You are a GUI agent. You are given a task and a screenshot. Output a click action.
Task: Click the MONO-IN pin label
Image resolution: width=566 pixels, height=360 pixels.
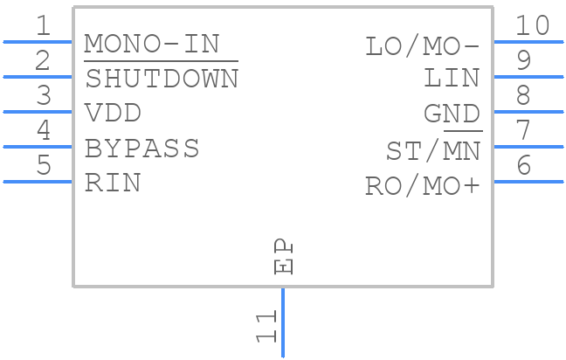[152, 44]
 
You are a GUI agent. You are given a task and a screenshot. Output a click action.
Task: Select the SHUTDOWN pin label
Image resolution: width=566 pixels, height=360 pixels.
[162, 79]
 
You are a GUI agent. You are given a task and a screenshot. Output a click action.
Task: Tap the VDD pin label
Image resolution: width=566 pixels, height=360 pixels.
[113, 113]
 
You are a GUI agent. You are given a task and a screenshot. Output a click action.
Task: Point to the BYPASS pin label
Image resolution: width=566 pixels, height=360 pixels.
[141, 148]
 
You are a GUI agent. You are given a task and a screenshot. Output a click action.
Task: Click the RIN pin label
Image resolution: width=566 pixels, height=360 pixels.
[113, 183]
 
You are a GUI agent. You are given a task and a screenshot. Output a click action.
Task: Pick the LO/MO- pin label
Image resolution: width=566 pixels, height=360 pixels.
[423, 47]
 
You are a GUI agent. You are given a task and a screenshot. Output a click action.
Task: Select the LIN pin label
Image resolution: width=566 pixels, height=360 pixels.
[452, 79]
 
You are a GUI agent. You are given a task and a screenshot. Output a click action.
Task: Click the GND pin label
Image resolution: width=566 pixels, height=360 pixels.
[452, 114]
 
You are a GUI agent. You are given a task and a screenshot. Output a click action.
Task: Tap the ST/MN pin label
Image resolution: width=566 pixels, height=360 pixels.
[433, 151]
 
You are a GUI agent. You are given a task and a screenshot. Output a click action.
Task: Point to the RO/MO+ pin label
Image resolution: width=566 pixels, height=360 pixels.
[423, 186]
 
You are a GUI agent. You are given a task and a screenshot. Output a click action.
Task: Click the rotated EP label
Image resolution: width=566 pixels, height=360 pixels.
[283, 256]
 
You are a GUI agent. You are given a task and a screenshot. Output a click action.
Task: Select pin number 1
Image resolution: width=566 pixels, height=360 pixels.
[44, 25]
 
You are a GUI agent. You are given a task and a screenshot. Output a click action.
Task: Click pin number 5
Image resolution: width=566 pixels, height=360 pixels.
[44, 164]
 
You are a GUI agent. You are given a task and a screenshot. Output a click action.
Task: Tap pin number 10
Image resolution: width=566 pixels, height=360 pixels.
[532, 25]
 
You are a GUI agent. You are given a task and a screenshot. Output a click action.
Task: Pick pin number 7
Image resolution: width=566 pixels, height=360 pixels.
[523, 129]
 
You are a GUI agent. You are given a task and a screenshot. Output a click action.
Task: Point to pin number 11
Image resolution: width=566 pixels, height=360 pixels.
[266, 327]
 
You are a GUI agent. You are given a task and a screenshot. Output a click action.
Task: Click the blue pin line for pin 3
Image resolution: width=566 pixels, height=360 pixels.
[38, 112]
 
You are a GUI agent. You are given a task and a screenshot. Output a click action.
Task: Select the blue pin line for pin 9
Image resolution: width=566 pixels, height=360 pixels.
[528, 77]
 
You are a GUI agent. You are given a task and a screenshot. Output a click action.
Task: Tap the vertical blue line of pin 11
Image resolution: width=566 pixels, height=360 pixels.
[283, 322]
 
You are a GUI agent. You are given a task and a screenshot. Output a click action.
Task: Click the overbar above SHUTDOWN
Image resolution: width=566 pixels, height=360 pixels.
[161, 61]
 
